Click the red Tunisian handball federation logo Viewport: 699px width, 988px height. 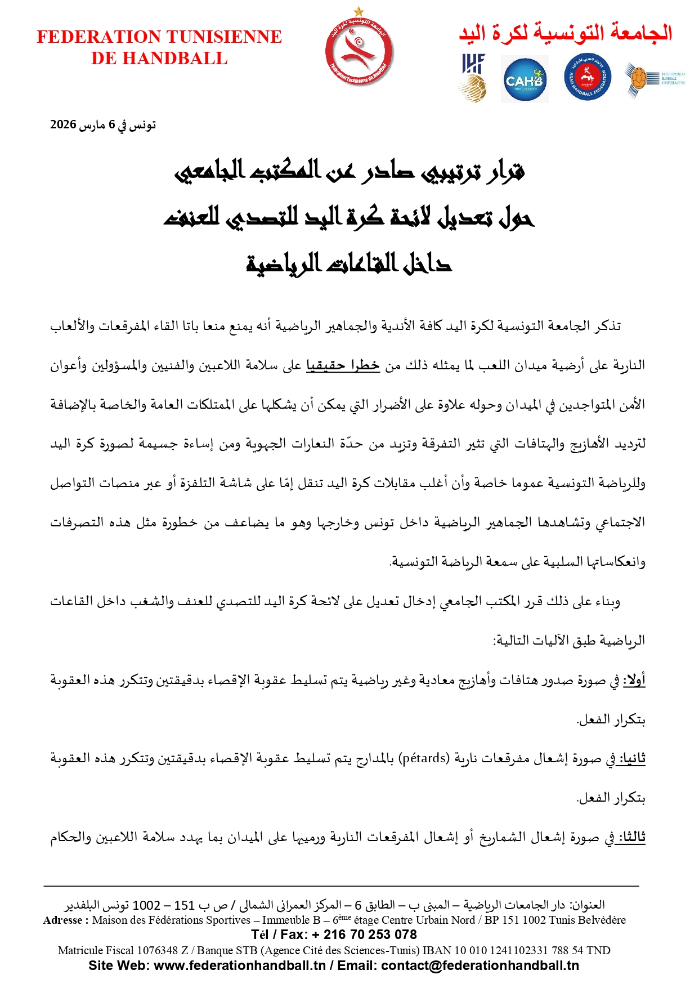tap(359, 52)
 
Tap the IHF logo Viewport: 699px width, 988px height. tap(473, 78)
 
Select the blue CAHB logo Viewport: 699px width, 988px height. tap(525, 80)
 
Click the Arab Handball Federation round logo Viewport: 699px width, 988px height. tap(588, 78)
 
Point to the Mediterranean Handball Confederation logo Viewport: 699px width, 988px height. tap(655, 78)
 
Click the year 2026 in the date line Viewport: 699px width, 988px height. tap(63, 124)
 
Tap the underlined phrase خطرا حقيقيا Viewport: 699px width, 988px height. tap(343, 365)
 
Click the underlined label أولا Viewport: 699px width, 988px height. tap(634, 680)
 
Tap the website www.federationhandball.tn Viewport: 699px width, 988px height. tap(240, 965)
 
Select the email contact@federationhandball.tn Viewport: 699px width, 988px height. tap(480, 965)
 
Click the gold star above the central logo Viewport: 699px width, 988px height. tap(359, 11)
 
